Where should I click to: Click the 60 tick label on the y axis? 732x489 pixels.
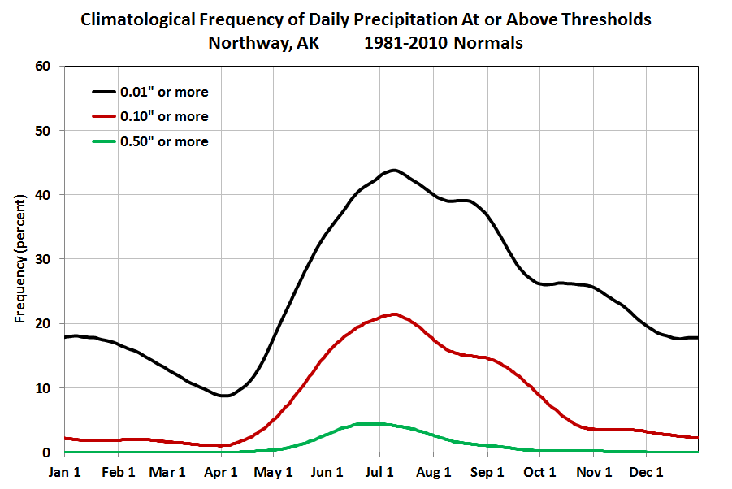(x=44, y=67)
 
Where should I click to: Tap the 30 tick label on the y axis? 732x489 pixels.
(x=44, y=259)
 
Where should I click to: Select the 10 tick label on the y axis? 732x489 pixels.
(x=44, y=387)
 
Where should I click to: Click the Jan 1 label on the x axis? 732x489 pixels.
(x=64, y=472)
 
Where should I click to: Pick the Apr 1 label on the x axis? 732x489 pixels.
(x=222, y=472)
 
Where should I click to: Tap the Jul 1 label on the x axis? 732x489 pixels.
(x=379, y=472)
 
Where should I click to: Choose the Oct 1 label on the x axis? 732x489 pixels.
(x=539, y=472)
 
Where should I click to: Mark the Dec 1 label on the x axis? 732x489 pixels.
(x=647, y=472)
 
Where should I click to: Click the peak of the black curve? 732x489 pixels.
(x=393, y=170)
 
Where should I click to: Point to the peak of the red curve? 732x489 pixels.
(x=394, y=314)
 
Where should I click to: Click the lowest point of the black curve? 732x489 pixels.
(x=225, y=396)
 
